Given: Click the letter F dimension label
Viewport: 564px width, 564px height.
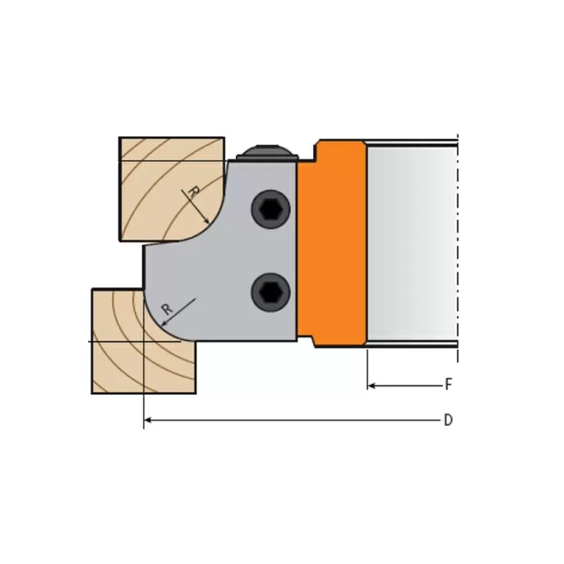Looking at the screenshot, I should [x=448, y=385].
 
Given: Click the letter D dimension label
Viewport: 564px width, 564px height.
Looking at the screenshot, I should [x=448, y=421].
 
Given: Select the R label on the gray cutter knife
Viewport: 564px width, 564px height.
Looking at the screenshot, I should [x=166, y=308].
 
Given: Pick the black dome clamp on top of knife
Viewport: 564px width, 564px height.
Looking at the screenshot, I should [x=264, y=150].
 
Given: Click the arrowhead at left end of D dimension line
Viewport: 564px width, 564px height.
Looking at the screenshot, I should [x=147, y=421].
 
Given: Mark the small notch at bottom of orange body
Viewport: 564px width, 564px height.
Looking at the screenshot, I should [x=316, y=343].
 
